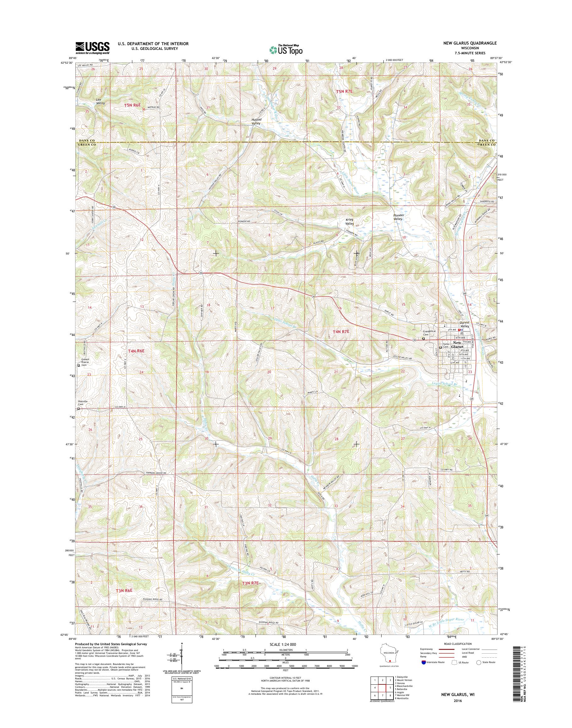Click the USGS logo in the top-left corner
[x=92, y=48]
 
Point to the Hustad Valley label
[x=256, y=121]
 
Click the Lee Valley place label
[x=100, y=102]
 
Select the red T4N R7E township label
[x=341, y=331]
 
